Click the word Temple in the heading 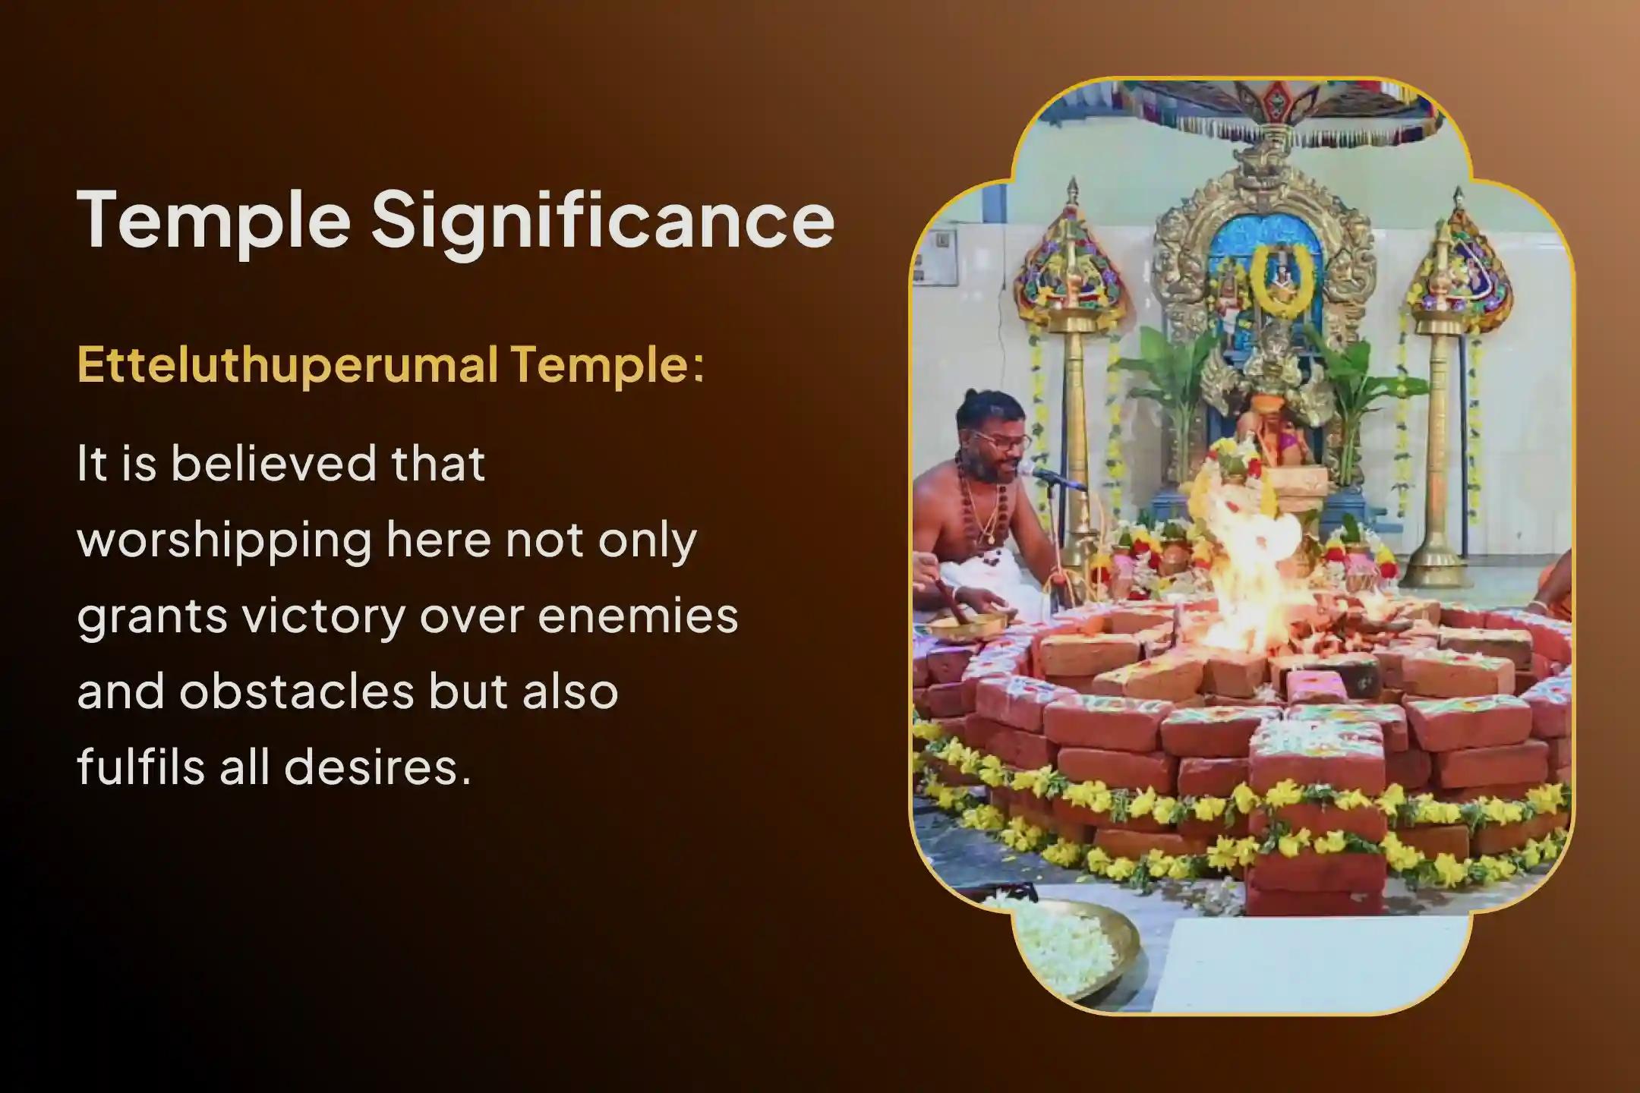[x=213, y=221]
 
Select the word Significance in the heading [x=602, y=221]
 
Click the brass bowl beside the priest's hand [x=964, y=625]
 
